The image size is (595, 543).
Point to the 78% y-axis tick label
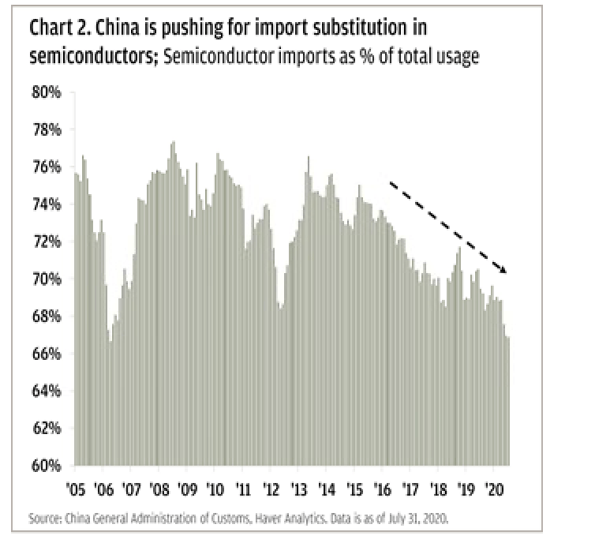click(47, 129)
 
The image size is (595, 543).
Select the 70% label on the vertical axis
click(47, 279)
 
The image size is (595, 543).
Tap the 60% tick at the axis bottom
click(47, 466)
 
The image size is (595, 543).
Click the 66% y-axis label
click(47, 354)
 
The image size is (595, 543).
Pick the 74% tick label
click(47, 204)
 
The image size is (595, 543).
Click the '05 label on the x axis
click(76, 487)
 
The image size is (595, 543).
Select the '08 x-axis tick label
click(159, 487)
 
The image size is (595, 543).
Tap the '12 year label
click(271, 487)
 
